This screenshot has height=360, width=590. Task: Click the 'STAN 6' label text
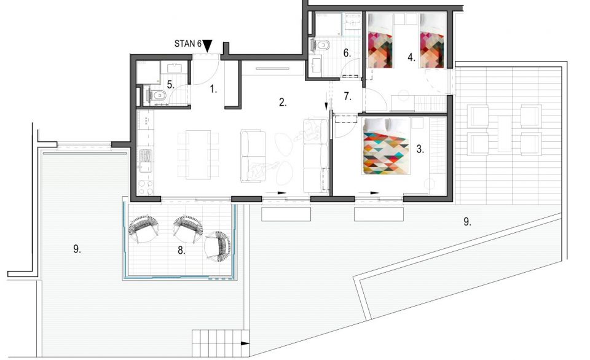(x=188, y=44)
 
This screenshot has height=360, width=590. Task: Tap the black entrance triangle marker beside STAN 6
(x=207, y=45)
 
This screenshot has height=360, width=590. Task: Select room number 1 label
(x=213, y=89)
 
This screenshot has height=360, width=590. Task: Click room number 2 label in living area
(x=283, y=102)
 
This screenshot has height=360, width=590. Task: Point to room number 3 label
(x=420, y=149)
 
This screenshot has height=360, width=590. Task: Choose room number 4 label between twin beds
(x=411, y=58)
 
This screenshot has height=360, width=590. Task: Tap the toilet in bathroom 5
(x=159, y=96)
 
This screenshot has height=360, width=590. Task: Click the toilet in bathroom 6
(x=321, y=45)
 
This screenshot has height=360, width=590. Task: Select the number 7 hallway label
(x=347, y=96)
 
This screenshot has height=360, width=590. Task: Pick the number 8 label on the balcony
(x=181, y=251)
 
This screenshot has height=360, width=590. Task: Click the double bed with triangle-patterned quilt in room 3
(x=386, y=146)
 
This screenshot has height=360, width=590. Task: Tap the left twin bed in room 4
(x=380, y=41)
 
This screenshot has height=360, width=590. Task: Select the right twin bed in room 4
(x=432, y=41)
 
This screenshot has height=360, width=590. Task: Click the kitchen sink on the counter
(x=145, y=160)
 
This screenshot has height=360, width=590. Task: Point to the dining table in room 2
(x=199, y=155)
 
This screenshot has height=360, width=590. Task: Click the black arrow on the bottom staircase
(x=245, y=343)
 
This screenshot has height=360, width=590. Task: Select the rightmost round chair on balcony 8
(x=217, y=246)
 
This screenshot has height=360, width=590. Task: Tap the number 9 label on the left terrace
(x=77, y=249)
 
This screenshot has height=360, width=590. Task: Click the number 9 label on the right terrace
(x=467, y=222)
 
